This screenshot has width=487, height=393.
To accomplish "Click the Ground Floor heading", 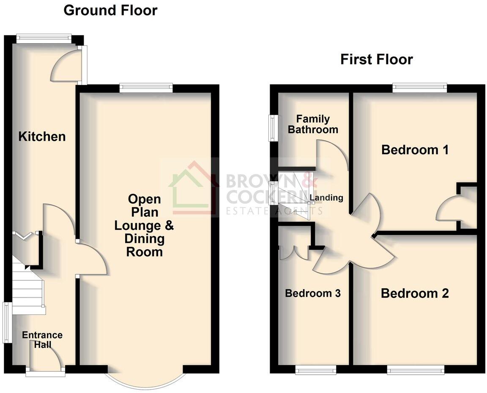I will click(x=110, y=10).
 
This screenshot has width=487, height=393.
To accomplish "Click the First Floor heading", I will click(x=376, y=59).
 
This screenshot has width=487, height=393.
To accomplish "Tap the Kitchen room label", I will click(x=42, y=136).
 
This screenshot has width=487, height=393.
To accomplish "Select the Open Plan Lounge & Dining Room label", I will click(x=144, y=225).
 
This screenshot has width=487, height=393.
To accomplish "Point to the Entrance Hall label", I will click(x=42, y=340).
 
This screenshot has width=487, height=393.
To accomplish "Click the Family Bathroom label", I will click(x=313, y=124).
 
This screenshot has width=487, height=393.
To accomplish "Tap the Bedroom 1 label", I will click(x=415, y=150).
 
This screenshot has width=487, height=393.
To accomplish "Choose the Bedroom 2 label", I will click(x=415, y=293).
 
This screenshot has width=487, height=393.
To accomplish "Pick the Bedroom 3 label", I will click(x=313, y=293).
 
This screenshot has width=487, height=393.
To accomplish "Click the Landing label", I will click(x=326, y=197).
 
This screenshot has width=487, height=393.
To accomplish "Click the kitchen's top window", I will click(x=44, y=38).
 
